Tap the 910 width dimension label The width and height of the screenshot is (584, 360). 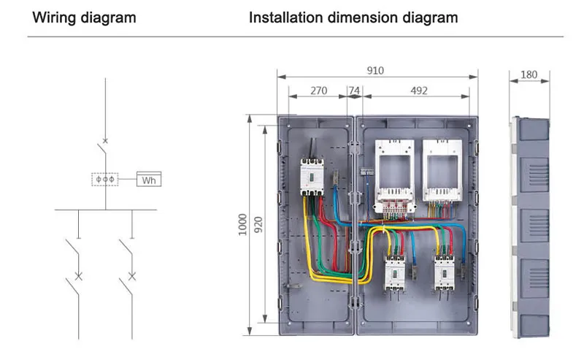tap(375, 71)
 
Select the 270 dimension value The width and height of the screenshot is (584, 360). tap(318, 91)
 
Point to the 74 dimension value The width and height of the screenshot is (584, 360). tap(354, 91)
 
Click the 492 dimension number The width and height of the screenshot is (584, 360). tap(418, 91)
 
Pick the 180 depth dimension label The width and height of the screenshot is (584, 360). tap(531, 74)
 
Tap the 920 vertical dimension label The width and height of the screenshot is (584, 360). tap(258, 224)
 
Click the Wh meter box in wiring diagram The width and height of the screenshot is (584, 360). tap(149, 180)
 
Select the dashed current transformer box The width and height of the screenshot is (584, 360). tap(106, 179)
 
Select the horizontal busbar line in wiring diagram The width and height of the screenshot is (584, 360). tap(106, 210)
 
